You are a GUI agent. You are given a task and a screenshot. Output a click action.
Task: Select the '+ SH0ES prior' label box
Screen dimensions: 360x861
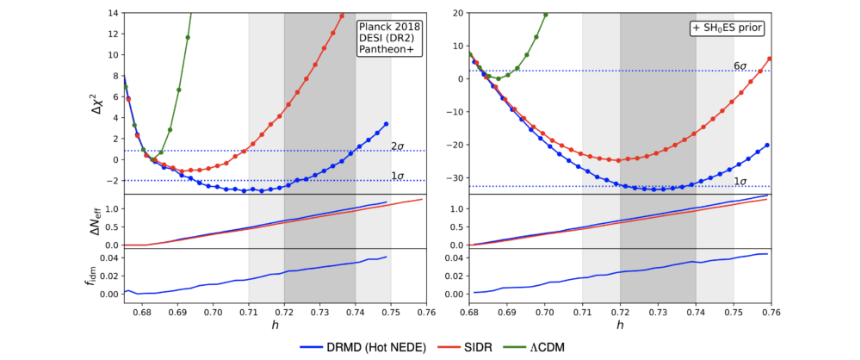[728, 27]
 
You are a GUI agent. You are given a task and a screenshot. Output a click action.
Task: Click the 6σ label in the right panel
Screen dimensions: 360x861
[740, 65]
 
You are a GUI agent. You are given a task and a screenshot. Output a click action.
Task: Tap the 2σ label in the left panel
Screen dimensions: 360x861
[398, 146]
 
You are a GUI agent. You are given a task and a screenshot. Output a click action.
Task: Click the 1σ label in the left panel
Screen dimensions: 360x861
[398, 176]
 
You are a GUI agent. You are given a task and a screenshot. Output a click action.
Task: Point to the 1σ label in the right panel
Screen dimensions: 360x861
[740, 181]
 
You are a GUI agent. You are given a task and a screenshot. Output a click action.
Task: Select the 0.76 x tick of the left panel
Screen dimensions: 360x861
[426, 311]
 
